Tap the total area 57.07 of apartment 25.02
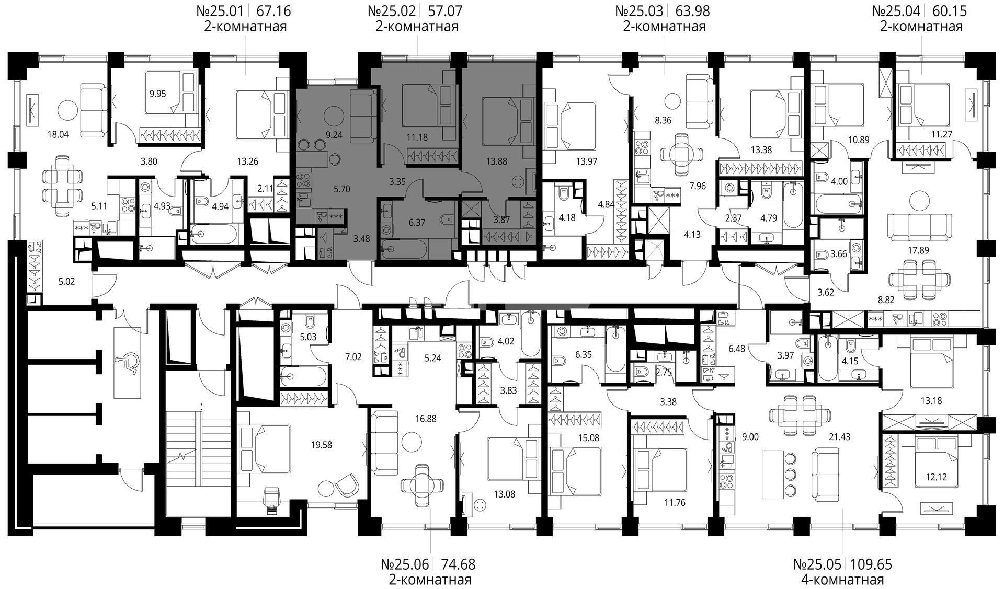point(444,10)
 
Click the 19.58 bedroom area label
point(321,445)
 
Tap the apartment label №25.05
point(817,564)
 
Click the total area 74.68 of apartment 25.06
point(458,564)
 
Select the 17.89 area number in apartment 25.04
point(918,250)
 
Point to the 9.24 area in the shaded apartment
point(334,135)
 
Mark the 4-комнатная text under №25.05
point(842,580)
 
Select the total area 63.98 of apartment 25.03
point(692,10)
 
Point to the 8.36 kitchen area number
point(663,120)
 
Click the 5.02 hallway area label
point(67,282)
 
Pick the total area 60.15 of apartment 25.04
point(950,10)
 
